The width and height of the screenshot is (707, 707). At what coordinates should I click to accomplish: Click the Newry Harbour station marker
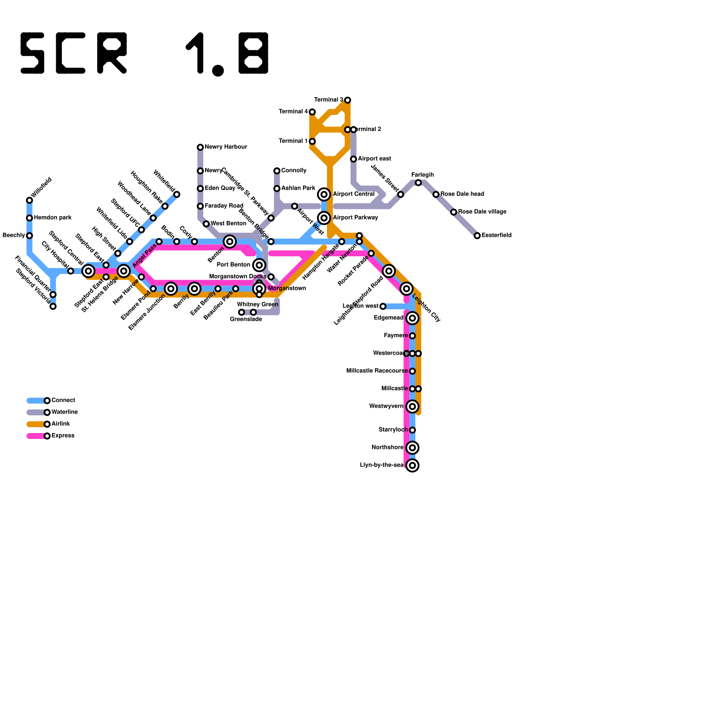pos(200,147)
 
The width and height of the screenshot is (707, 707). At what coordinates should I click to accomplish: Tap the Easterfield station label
pos(497,235)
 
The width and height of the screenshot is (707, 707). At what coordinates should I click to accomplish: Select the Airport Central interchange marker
pos(324,194)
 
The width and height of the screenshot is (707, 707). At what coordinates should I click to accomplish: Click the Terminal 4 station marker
pos(312,112)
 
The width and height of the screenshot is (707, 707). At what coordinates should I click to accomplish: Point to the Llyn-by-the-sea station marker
pos(412,465)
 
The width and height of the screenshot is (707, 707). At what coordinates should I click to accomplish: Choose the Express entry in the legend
pos(63,436)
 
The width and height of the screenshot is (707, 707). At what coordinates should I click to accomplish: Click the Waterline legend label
pos(65,412)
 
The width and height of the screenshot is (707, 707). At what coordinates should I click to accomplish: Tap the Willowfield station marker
pos(30,200)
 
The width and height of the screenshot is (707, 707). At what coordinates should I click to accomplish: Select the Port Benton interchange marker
pos(259,265)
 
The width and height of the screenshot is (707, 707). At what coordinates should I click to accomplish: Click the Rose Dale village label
pos(482,212)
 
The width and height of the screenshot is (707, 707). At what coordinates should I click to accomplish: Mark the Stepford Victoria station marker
pos(53,306)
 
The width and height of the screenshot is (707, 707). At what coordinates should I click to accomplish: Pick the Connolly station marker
pos(277,171)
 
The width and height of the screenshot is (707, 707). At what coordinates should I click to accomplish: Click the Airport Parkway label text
pos(355,217)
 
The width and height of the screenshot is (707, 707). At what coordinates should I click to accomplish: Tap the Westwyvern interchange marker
pos(412,407)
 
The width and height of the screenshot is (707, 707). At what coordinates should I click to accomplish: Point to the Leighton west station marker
pos(383,306)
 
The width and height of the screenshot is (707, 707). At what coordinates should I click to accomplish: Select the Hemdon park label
pos(53,217)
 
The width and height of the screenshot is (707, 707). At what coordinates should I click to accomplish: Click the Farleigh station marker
pos(418,182)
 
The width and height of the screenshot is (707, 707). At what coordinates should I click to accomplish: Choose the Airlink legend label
pos(61,424)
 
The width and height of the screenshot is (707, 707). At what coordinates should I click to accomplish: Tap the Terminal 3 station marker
pos(348,100)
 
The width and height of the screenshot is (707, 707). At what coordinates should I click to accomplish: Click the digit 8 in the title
pos(254,53)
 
